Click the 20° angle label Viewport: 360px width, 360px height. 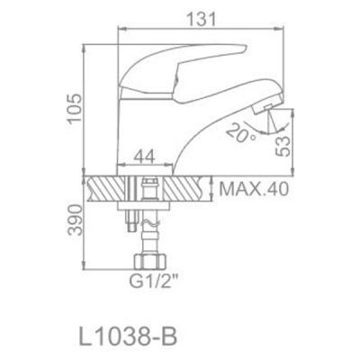click(237, 136)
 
